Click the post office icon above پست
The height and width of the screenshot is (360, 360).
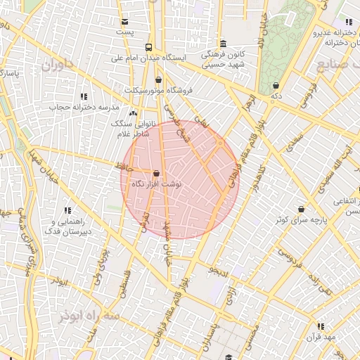pyautogui.click(x=125, y=21)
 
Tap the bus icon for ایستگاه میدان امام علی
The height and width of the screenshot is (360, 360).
pyautogui.click(x=148, y=47)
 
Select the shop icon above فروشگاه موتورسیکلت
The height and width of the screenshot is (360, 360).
pyautogui.click(x=158, y=79)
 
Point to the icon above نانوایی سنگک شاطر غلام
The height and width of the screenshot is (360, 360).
pyautogui.click(x=133, y=112)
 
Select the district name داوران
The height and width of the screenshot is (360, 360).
pyautogui.click(x=58, y=66)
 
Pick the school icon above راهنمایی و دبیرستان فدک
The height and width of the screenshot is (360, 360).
pyautogui.click(x=68, y=210)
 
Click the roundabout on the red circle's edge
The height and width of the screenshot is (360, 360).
pyautogui.click(x=220, y=143)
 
